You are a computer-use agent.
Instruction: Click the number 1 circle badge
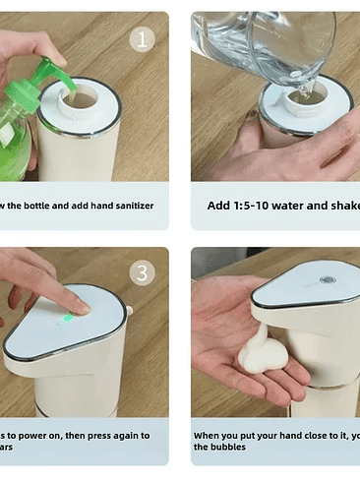coord(144,38)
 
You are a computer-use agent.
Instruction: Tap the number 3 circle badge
coord(144,273)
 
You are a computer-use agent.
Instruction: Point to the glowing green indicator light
coord(67,317)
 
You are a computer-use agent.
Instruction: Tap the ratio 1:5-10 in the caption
coord(252,206)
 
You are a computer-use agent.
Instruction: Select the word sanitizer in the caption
coord(126,206)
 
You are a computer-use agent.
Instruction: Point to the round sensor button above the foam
coord(327,279)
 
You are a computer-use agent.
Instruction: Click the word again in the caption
coord(124,435)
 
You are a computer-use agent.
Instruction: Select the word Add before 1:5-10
coord(218,206)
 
